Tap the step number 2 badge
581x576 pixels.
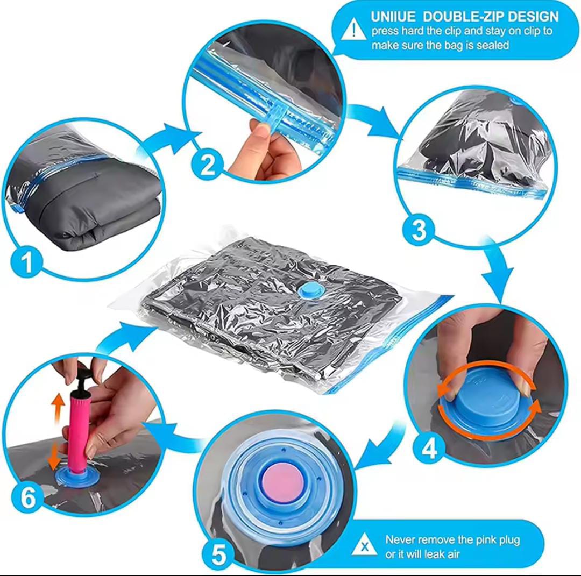[208, 165]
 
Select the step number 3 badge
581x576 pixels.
[419, 230]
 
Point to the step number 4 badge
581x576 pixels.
[429, 449]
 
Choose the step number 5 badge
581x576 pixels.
[219, 554]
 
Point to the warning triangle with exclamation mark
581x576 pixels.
[355, 29]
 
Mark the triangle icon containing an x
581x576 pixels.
[364, 546]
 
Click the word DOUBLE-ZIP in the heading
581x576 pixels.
[464, 17]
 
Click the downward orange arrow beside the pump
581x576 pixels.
[54, 455]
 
